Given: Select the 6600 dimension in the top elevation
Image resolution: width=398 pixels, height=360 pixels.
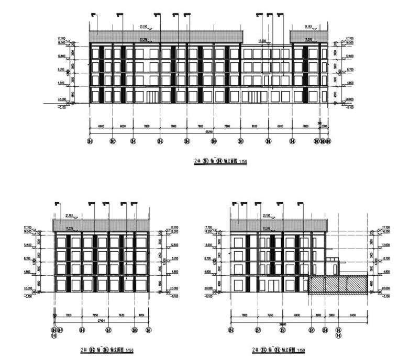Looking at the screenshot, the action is pos(101,126).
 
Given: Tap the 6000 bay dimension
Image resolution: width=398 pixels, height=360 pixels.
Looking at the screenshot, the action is pos(123,126).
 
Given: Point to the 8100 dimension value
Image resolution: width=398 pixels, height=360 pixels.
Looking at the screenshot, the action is pos(255,126).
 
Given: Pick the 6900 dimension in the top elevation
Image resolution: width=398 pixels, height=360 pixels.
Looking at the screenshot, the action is pos(280,126).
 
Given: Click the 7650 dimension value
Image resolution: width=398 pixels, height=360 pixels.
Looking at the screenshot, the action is pos(95,316).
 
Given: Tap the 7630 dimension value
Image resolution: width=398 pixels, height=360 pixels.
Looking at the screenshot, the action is pos(121,316).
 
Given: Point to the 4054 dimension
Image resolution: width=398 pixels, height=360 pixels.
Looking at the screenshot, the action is pos(142,316).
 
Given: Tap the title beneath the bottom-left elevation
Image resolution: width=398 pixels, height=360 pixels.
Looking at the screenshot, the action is pos(105,350).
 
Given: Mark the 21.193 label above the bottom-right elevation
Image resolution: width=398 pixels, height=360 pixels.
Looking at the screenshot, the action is pos(267,215).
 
